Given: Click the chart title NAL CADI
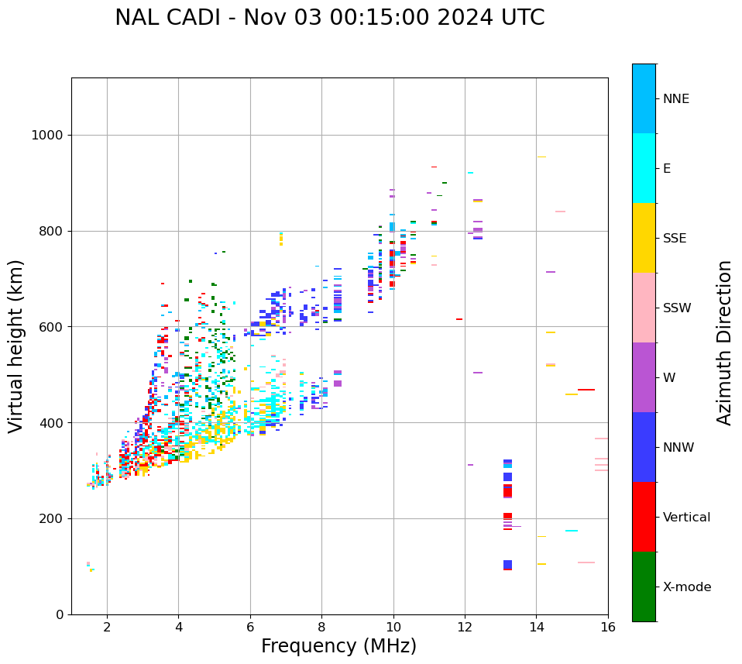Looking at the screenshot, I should point(329,18).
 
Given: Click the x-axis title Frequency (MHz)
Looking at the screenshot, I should point(338,646).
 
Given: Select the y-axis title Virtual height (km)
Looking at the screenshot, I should point(16,346).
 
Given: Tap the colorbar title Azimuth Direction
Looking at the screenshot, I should point(724,342).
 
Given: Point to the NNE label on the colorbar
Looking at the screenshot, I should point(675,99).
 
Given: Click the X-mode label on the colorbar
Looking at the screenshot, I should point(686,587).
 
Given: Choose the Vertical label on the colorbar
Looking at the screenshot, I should point(686,518).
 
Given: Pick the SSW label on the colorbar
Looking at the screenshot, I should point(677,308).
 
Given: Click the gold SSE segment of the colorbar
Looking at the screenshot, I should point(644,238).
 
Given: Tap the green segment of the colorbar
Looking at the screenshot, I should point(644,587).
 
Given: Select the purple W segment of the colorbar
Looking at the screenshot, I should point(644,377).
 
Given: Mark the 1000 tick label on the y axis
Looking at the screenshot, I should point(46,136).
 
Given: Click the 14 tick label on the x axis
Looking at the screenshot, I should point(537,627).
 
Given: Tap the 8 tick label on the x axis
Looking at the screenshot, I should point(321,627).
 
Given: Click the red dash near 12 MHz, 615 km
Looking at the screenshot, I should point(459,319).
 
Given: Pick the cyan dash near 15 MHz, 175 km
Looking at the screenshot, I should point(572,531).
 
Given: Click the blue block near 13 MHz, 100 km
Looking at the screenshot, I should point(507,564).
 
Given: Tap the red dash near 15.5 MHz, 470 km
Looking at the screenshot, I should point(586,390).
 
